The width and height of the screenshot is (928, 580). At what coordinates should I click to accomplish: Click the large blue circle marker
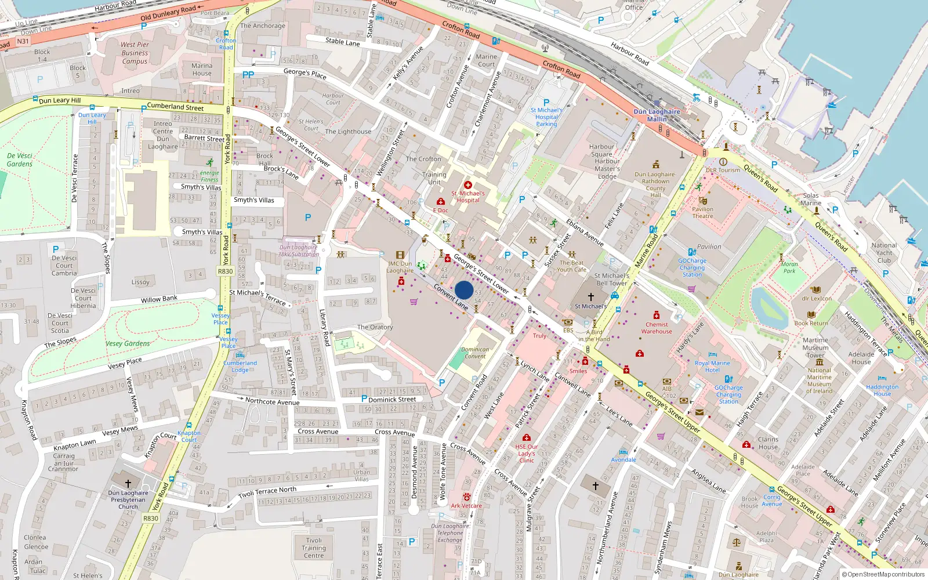pos(464,290)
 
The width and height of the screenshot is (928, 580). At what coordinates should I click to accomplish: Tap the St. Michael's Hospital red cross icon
pos(468,185)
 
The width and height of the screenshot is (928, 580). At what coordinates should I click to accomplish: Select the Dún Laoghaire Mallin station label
pos(657,115)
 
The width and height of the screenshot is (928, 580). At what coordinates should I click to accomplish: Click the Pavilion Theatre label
pos(702,213)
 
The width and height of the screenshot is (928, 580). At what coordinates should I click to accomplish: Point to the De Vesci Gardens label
pos(20,159)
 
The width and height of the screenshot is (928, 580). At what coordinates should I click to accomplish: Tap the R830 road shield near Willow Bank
pos(225,271)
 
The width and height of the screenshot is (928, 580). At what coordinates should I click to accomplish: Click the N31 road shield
pos(23,41)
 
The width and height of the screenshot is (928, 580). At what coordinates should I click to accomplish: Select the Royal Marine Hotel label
pos(712,367)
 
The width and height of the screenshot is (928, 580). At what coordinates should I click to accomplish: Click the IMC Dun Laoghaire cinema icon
pos(400,255)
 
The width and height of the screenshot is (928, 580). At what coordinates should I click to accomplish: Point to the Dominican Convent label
pos(475,353)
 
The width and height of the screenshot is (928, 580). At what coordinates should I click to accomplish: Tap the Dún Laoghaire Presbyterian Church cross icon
pos(128,483)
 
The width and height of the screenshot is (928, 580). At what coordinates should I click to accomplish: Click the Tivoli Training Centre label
pos(314,548)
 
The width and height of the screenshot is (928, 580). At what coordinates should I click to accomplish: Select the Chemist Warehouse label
pos(657,328)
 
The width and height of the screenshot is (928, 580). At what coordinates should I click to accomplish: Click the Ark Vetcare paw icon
pos(466,497)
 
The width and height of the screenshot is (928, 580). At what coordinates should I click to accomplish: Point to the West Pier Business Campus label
pos(135,53)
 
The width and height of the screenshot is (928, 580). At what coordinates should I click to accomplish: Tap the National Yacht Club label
pos(884,252)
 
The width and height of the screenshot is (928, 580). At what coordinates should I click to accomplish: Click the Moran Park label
pos(789,267)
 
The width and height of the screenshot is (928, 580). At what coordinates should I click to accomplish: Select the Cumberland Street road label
pos(175,107)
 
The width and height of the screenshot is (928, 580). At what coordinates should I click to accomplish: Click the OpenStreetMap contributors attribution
pos(883,574)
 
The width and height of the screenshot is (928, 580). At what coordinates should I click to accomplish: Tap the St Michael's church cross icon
pos(590,296)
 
